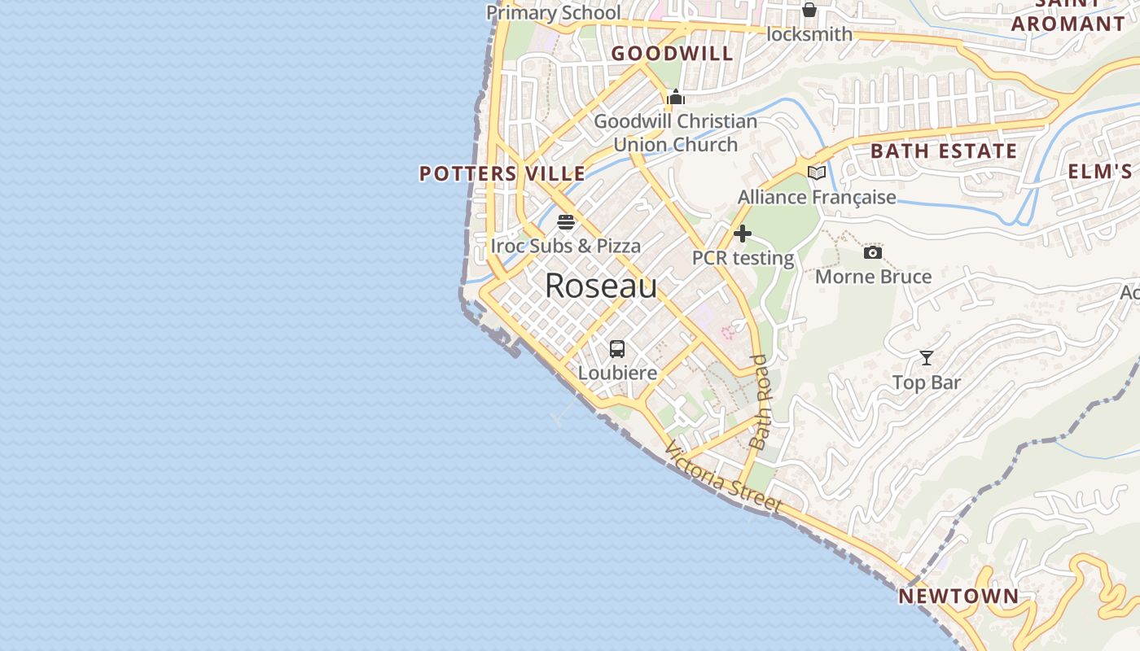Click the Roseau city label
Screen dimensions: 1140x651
point(601,286)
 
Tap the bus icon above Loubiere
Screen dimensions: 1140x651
point(617,349)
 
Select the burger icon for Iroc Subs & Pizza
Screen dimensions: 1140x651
point(566,222)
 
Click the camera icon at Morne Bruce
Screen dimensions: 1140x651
point(873,253)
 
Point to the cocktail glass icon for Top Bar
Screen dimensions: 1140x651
point(927,358)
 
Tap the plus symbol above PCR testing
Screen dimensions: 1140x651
point(742,234)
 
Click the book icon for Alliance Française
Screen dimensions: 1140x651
point(817,173)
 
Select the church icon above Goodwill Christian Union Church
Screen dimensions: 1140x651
point(676,98)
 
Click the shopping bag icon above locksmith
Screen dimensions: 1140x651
point(809,10)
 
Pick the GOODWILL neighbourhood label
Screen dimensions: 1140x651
point(673,54)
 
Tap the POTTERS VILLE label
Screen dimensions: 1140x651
point(502,173)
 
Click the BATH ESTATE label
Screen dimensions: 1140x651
point(944,151)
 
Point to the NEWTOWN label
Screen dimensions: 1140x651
point(958,596)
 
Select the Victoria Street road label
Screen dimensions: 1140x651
point(723,478)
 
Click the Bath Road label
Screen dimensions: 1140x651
point(761,402)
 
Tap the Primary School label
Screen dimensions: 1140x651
point(554,12)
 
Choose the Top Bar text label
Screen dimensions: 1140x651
point(927,382)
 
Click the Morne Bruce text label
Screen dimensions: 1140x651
point(873,277)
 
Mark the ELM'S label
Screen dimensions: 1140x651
point(1100,172)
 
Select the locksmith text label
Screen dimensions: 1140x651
point(810,34)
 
